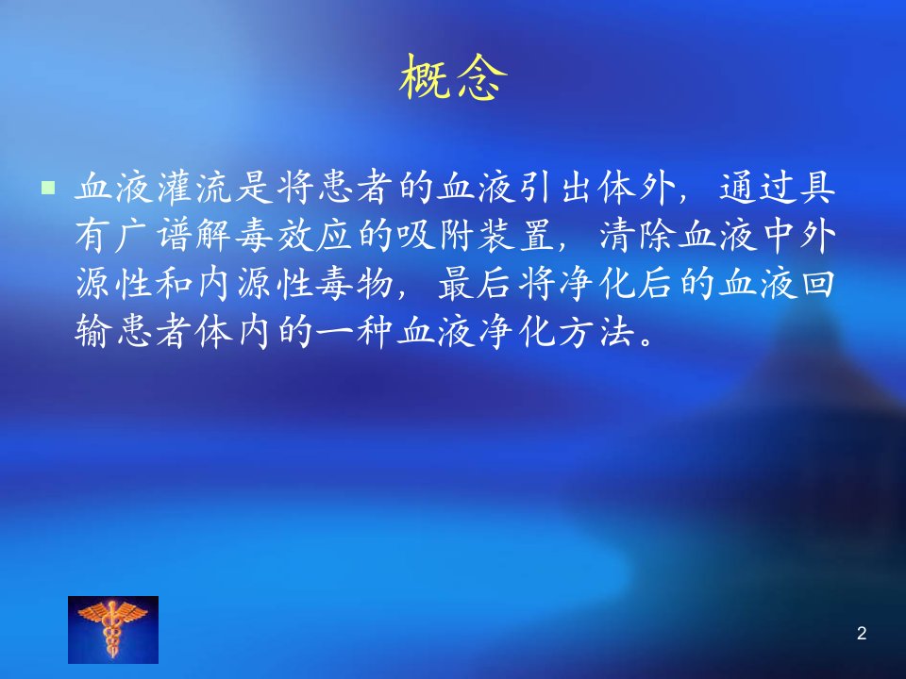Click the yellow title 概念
tap(453, 77)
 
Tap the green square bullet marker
tap(48, 188)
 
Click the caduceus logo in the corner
tap(113, 629)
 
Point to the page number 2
tap(862, 634)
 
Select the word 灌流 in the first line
tap(174, 188)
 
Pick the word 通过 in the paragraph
tap(758, 188)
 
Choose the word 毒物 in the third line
tap(354, 284)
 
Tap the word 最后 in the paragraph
tap(476, 284)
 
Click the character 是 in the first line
tap(254, 188)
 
